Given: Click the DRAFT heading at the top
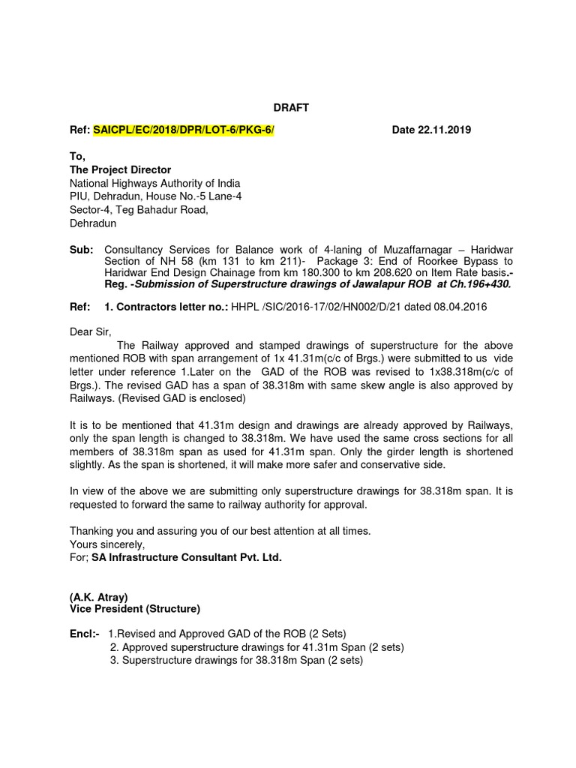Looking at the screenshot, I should (x=289, y=108).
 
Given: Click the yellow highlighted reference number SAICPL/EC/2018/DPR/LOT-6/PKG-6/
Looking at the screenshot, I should (x=184, y=130).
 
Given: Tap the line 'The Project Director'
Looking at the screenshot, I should (x=120, y=170).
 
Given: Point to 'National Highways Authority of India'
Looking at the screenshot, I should (x=155, y=183).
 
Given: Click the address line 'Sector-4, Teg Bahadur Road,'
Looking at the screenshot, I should (x=139, y=210).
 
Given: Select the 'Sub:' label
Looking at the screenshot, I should (x=81, y=249).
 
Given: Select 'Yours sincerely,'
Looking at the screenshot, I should (x=107, y=544).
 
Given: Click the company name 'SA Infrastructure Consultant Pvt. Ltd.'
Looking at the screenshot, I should (x=187, y=558).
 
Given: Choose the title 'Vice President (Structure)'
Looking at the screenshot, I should (x=135, y=610).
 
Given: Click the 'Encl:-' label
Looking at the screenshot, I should (x=84, y=634).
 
